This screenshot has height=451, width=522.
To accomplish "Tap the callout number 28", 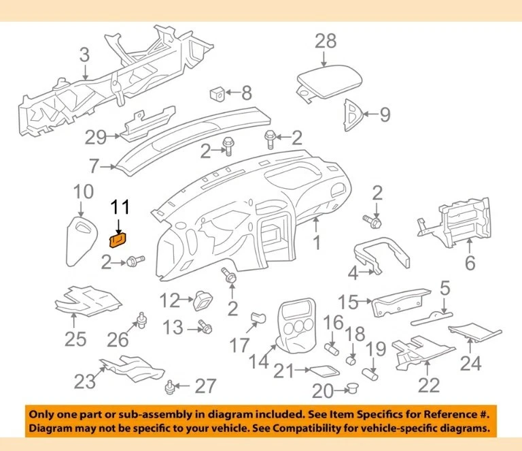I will (326, 41).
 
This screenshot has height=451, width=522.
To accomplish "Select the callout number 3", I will (84, 55).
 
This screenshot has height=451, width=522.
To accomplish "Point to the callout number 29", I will (96, 138).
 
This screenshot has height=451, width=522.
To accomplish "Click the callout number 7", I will (94, 165).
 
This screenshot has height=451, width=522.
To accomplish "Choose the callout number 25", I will (75, 338).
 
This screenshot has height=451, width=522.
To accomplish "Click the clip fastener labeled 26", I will (142, 317).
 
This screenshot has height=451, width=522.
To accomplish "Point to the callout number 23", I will (84, 382).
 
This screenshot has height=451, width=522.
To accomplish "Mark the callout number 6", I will (470, 263).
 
